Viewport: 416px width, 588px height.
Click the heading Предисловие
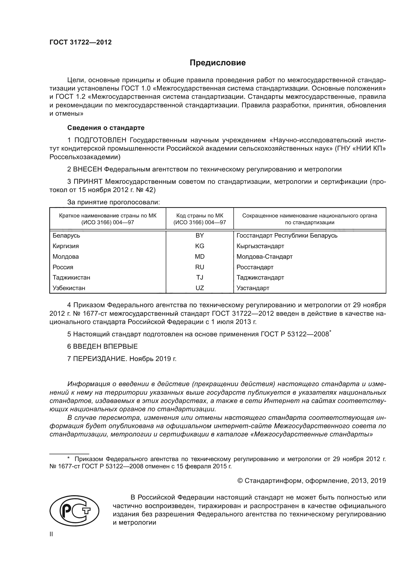click(x=218, y=63)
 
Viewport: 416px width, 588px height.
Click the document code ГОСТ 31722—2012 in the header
click(x=80, y=42)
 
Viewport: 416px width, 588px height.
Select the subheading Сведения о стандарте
click(x=106, y=127)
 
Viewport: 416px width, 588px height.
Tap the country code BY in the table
click(x=199, y=235)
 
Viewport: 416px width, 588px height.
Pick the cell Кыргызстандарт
click(x=260, y=246)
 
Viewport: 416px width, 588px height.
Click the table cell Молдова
click(x=66, y=257)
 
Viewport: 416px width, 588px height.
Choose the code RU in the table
click(x=199, y=267)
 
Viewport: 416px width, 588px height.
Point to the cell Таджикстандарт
click(x=260, y=278)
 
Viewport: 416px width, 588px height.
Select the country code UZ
click(x=199, y=288)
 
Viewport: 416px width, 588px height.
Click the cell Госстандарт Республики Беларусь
click(x=287, y=235)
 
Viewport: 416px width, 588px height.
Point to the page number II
click(x=51, y=534)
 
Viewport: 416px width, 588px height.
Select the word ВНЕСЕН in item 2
click(x=88, y=169)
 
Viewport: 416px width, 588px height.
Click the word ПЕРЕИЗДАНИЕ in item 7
click(x=100, y=359)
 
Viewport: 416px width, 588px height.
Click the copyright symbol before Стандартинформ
click(x=240, y=481)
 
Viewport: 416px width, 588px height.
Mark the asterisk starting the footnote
click(x=68, y=458)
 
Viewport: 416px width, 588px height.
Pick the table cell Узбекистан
click(x=69, y=288)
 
